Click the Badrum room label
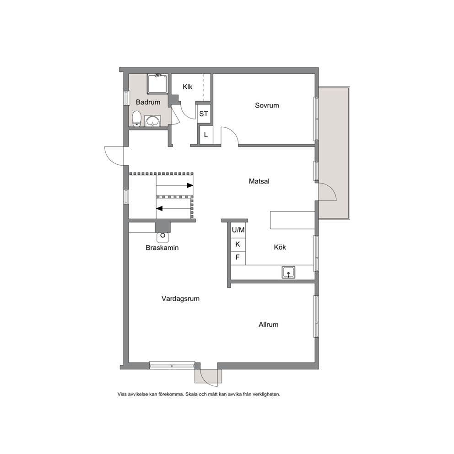[x=148, y=102]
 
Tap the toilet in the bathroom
[x=137, y=119]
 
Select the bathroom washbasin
[x=152, y=121]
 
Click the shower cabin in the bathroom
[x=157, y=84]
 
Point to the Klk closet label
[x=188, y=87]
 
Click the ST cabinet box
[x=204, y=114]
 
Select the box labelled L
[x=206, y=135]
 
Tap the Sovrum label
[x=267, y=105]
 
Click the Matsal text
[x=259, y=181]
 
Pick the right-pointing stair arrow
[x=174, y=185]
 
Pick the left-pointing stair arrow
[x=174, y=209]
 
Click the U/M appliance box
[x=238, y=230]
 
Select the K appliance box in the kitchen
[x=238, y=245]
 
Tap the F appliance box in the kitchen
[x=238, y=258]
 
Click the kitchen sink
[x=288, y=272]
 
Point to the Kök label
[x=280, y=247]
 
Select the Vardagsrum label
[x=180, y=298]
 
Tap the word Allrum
[x=268, y=324]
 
